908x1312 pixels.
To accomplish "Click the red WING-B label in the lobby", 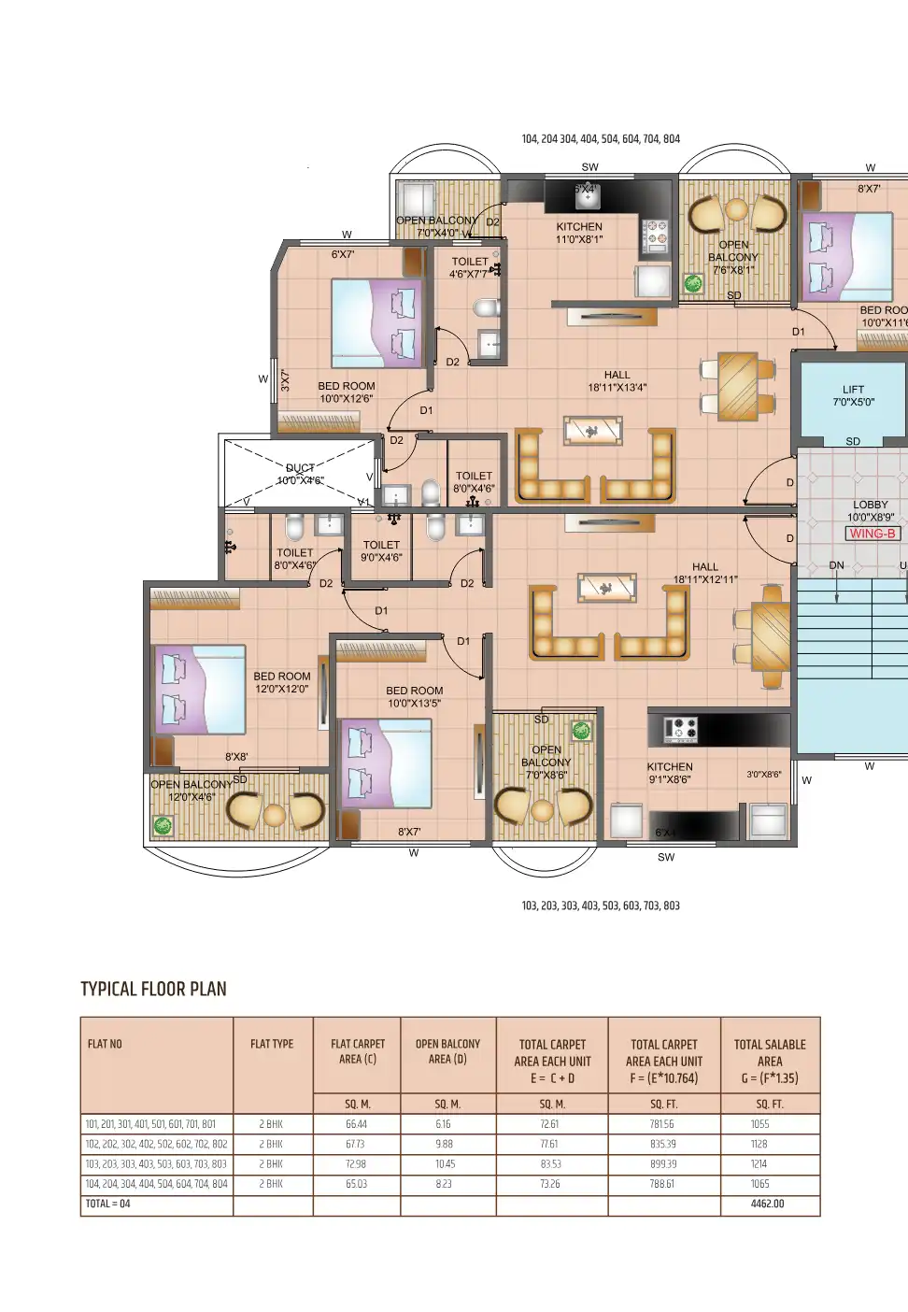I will [x=873, y=534].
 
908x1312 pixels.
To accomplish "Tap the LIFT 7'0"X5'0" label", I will [x=853, y=396].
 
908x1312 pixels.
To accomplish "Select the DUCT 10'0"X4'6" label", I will [x=300, y=475].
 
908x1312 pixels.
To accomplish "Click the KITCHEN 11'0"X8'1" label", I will [x=579, y=233].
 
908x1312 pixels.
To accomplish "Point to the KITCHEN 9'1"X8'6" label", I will [x=670, y=773].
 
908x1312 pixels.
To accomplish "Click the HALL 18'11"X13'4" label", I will [x=617, y=381].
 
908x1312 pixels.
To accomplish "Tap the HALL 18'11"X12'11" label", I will [x=705, y=573].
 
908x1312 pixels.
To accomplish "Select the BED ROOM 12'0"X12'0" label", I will [x=281, y=682].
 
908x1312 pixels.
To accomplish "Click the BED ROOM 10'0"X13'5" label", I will [x=414, y=697].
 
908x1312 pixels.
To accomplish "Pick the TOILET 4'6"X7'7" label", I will [x=469, y=268].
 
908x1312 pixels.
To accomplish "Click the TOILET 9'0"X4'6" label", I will [x=381, y=550].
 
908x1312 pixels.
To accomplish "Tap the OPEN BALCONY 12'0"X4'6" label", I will [x=192, y=791].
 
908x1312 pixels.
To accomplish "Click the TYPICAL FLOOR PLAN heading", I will [x=153, y=989].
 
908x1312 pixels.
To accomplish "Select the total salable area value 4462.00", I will [x=767, y=1204].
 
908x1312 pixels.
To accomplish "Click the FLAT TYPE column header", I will [x=272, y=1044].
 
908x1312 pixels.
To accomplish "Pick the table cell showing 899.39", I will [x=663, y=1164].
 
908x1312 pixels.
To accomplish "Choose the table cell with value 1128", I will [x=759, y=1144].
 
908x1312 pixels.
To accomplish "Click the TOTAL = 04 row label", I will [x=108, y=1204].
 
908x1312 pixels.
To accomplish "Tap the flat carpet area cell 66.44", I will [x=356, y=1124].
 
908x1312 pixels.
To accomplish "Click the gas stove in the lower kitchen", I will [x=680, y=730].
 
